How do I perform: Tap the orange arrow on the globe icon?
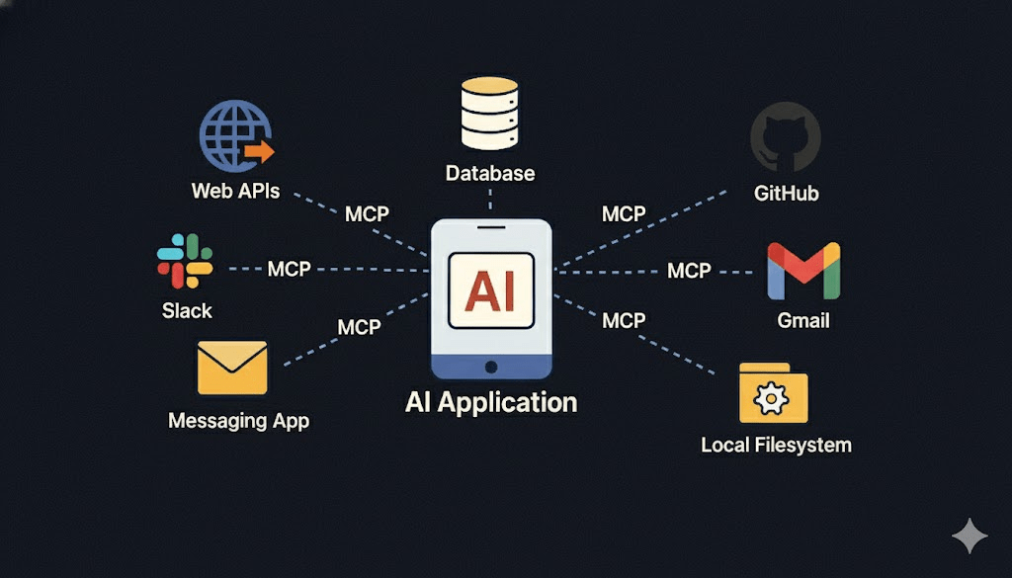(x=260, y=151)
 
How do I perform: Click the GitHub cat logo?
(x=785, y=138)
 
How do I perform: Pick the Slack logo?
(x=185, y=261)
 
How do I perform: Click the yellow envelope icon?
(x=232, y=368)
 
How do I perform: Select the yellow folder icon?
(x=773, y=393)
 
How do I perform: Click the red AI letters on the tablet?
(x=491, y=290)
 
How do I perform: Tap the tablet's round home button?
(x=491, y=366)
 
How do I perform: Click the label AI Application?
(x=491, y=402)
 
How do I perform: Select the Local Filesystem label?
(x=776, y=445)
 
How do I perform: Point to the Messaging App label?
(x=238, y=421)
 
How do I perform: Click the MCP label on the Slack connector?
(x=289, y=269)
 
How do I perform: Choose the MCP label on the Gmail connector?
(x=689, y=270)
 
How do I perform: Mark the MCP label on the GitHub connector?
(x=624, y=214)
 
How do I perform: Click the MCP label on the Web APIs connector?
(x=367, y=214)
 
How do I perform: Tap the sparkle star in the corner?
(x=970, y=537)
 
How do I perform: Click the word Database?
(x=490, y=174)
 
